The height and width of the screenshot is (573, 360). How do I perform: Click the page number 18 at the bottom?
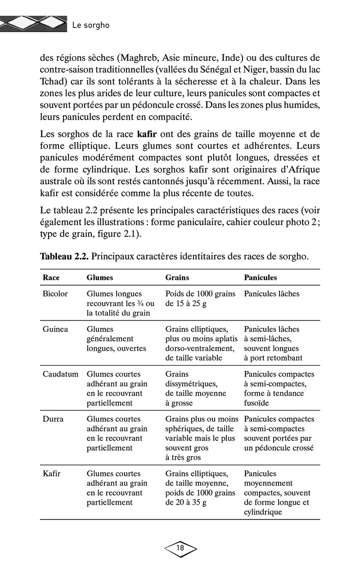click(180, 548)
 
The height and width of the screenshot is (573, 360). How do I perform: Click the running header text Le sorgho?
click(90, 25)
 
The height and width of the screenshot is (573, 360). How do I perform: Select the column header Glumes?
click(99, 278)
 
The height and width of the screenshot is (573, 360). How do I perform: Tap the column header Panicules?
click(261, 278)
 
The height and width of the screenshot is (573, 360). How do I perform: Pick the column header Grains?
click(177, 278)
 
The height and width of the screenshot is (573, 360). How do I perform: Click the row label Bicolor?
click(55, 294)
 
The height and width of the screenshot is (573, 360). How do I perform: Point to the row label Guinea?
click(55, 329)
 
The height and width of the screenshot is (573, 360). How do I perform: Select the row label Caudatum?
click(60, 374)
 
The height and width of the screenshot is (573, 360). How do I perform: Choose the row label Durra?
click(53, 419)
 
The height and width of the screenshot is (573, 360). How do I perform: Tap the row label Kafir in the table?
click(52, 474)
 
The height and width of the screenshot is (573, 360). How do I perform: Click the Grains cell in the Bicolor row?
click(200, 299)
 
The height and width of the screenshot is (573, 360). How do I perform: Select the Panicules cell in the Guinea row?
click(273, 344)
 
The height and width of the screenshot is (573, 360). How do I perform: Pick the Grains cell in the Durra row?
click(200, 438)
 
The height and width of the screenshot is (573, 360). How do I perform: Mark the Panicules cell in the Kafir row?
click(277, 492)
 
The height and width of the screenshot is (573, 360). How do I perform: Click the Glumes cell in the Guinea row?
click(110, 339)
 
